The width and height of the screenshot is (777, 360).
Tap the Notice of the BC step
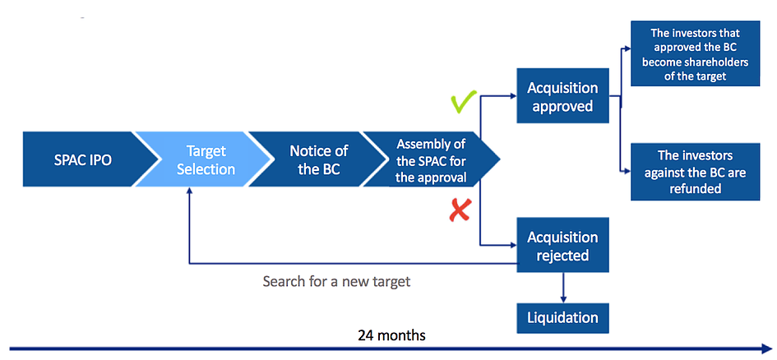click(317, 159)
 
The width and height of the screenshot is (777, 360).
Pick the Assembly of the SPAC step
click(431, 159)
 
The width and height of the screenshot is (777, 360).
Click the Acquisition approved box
click(562, 96)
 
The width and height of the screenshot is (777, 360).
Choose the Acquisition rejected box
click(562, 246)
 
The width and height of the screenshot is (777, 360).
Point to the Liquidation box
click(562, 316)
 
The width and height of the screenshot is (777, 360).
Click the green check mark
click(463, 104)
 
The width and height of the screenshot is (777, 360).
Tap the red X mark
click(459, 212)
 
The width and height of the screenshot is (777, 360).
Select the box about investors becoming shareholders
click(696, 55)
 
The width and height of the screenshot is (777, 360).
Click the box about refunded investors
click(696, 172)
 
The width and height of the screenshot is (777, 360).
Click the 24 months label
click(391, 335)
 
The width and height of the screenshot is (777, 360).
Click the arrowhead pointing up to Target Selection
click(189, 191)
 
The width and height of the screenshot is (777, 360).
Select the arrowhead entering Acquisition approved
click(511, 95)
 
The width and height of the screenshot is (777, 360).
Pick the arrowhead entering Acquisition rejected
click(511, 245)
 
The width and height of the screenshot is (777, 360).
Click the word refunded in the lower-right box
click(696, 188)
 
